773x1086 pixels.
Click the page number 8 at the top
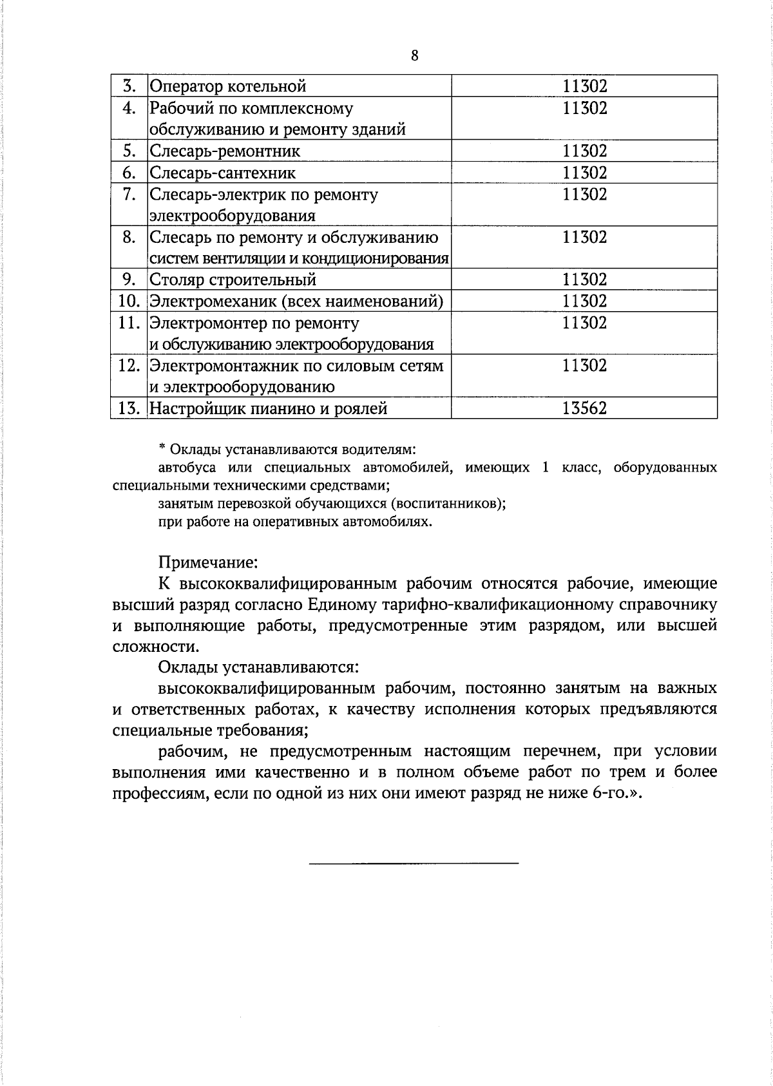(414, 56)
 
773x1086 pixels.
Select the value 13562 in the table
(584, 408)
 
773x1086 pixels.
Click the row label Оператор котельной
(228, 86)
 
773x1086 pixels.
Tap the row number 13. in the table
(129, 408)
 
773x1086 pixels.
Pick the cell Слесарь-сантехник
(223, 173)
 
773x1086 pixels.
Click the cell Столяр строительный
(233, 280)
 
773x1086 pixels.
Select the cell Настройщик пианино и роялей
(268, 408)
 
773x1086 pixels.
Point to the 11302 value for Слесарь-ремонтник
(584, 151)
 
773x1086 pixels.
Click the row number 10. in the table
(129, 301)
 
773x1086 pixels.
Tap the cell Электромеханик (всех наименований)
(296, 301)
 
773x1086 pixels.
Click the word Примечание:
(208, 562)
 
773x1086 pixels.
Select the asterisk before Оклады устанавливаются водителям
(162, 448)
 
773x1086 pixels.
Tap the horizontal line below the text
(414, 862)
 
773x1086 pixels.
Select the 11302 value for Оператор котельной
(584, 86)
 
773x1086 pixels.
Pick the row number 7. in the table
(129, 194)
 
